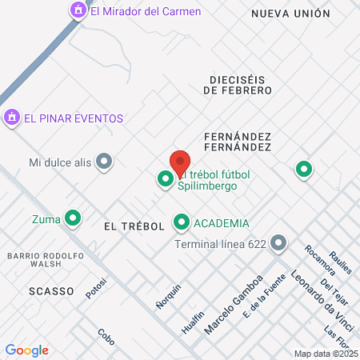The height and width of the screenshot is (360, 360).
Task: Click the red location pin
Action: (180, 164)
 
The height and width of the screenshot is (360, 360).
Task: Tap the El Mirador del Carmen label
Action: (146, 11)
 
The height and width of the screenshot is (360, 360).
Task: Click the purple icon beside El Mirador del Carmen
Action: (78, 10)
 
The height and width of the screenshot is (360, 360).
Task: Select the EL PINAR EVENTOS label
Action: (74, 118)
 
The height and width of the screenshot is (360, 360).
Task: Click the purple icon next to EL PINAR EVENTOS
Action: (11, 118)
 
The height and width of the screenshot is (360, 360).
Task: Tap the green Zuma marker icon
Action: (73, 217)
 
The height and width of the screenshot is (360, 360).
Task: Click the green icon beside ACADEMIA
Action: (182, 223)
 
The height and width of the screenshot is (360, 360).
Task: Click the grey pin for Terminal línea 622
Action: (278, 242)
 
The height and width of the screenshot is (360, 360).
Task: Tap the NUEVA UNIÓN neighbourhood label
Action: (290, 14)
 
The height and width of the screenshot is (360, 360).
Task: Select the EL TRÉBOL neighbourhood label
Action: (134, 226)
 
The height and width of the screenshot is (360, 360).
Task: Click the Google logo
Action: (26, 350)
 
